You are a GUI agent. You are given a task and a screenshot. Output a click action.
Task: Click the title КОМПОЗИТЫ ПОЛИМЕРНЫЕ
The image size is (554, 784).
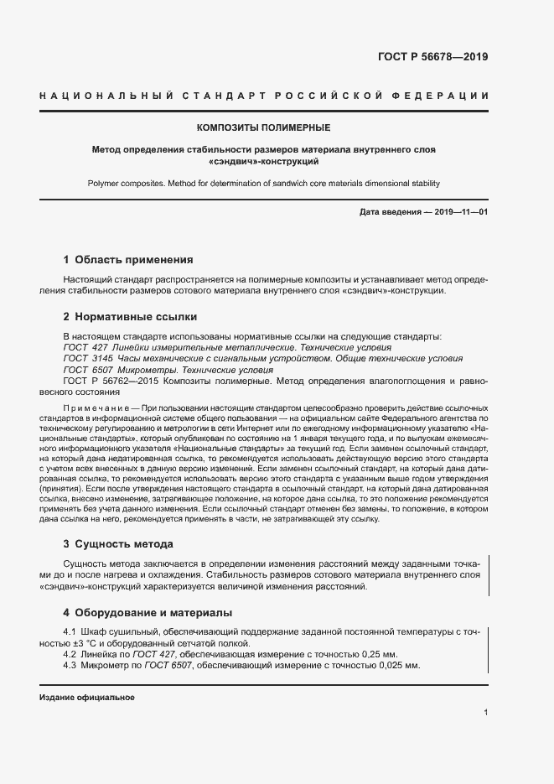(263, 127)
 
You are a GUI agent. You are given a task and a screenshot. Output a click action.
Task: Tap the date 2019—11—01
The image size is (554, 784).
(460, 213)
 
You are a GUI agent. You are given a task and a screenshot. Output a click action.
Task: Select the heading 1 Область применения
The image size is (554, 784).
(128, 259)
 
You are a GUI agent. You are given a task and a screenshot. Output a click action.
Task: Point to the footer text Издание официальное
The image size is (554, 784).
(87, 698)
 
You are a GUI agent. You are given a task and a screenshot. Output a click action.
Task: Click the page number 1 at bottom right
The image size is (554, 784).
(485, 712)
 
